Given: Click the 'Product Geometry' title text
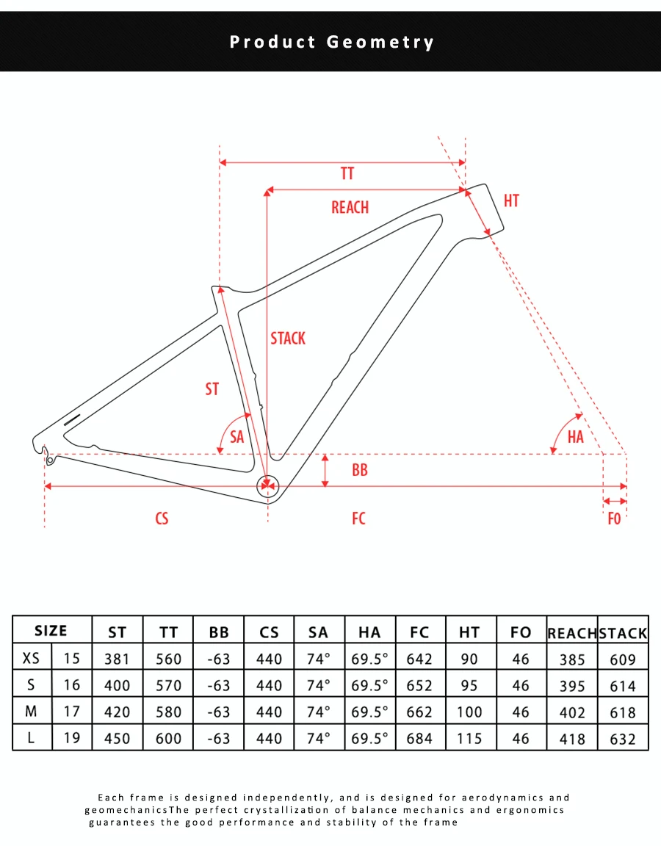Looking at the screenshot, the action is tap(331, 42).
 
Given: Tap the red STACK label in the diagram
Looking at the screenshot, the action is tap(288, 339).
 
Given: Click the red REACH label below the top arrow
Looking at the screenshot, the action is tap(350, 207).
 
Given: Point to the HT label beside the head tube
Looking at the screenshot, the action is tap(511, 200).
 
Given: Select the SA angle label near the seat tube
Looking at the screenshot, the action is tap(237, 436).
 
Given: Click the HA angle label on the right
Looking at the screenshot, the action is tap(575, 436).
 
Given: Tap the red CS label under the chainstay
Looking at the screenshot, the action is tap(162, 518).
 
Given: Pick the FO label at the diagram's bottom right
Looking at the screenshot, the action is tap(614, 518).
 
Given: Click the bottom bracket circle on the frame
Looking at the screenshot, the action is tap(267, 486).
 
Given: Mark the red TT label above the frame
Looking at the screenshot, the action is tap(347, 174).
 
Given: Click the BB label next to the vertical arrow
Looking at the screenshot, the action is tap(359, 470).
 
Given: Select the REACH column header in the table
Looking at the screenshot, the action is tap(572, 633).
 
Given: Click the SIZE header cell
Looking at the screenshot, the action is tap(51, 631).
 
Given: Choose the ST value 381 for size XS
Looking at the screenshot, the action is tap(117, 659).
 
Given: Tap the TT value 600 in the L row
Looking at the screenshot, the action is tap(167, 738).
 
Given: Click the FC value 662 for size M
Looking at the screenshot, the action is tap(419, 712).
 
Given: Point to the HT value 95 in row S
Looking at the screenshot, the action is tap(469, 685).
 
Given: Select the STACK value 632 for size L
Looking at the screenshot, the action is tap(623, 739).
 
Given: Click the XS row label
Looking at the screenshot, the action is tap(31, 658).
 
